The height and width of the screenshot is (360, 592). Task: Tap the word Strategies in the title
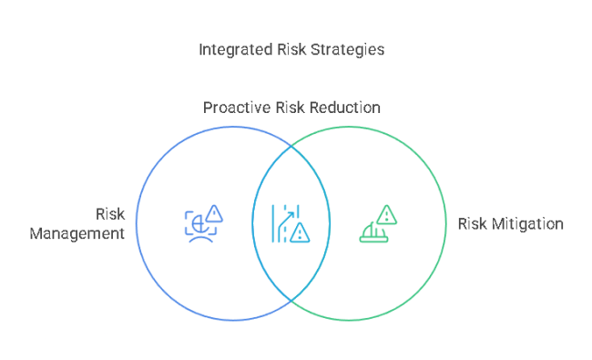(347, 49)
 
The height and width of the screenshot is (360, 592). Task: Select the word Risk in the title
(290, 49)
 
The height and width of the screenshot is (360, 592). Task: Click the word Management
(77, 233)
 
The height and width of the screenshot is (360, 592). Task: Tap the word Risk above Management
(109, 214)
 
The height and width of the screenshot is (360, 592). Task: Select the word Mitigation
(528, 223)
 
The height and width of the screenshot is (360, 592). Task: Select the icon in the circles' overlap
(290, 224)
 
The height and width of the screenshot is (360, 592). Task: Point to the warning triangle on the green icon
(388, 215)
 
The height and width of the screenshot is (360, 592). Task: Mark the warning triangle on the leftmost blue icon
(214, 214)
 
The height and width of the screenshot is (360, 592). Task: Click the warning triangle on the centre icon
(300, 233)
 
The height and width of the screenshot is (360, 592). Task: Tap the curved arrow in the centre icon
(286, 219)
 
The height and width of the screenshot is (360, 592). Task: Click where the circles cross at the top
(291, 143)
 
